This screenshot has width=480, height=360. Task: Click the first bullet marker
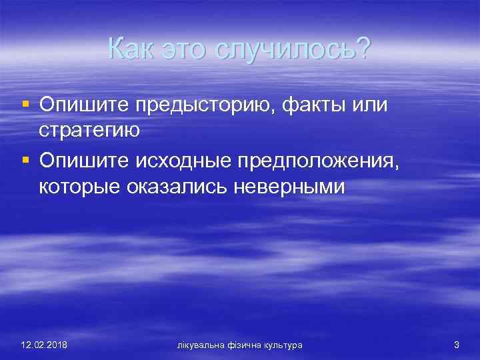point(25,105)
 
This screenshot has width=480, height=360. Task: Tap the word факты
point(322,105)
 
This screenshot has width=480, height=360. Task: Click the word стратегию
point(89,131)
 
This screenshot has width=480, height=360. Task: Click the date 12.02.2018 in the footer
point(48,345)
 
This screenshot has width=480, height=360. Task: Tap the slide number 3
point(456,345)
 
